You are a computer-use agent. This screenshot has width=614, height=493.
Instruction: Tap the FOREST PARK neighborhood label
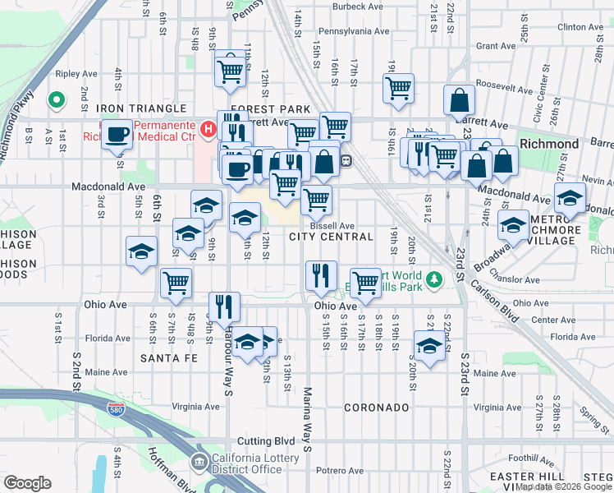[x=271, y=109]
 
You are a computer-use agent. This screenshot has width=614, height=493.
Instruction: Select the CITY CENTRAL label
[x=331, y=237]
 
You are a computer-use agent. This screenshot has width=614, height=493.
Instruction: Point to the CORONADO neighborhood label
[x=376, y=408]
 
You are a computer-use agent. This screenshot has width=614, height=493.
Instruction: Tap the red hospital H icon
[x=208, y=129]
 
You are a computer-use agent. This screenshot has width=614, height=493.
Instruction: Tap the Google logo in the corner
[x=27, y=482]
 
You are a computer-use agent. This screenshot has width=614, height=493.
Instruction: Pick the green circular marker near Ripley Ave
[x=57, y=100]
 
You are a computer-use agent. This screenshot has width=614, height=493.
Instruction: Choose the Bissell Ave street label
[x=332, y=226]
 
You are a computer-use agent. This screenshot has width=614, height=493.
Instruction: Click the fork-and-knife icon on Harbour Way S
[x=224, y=306]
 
